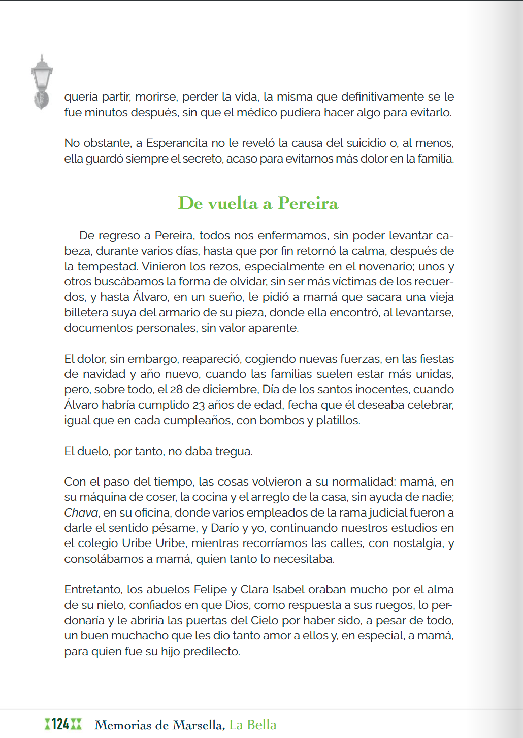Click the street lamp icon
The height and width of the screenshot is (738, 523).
pos(41,81)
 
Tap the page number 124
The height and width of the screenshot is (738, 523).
pos(60,724)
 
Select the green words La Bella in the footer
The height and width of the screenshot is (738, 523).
pos(253,725)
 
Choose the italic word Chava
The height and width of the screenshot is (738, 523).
pos(81,512)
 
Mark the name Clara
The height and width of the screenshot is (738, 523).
pos(254,589)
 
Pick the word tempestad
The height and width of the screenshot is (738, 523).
pos(108,266)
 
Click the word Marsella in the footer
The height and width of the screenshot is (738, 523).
pos(198,725)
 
